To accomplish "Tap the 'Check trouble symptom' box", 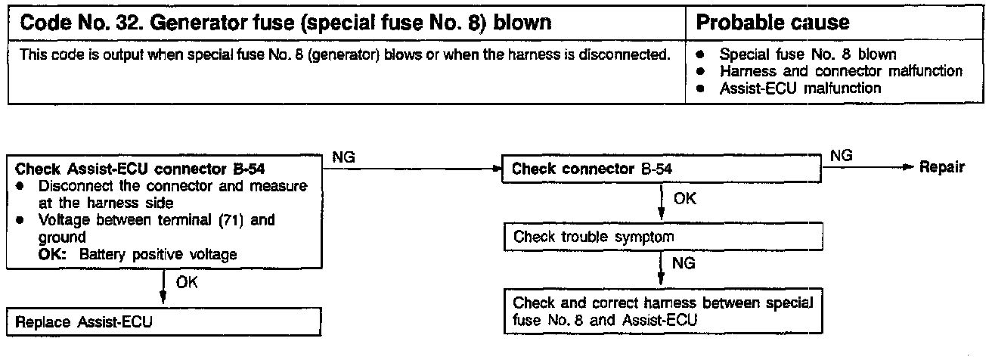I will (662, 237).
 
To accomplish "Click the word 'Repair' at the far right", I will (941, 168).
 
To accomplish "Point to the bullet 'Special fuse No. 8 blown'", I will (808, 55).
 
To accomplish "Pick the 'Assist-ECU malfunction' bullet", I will (800, 88).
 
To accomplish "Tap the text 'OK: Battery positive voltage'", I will (138, 254).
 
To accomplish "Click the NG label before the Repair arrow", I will (841, 156).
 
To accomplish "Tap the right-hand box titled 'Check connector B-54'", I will (662, 169).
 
